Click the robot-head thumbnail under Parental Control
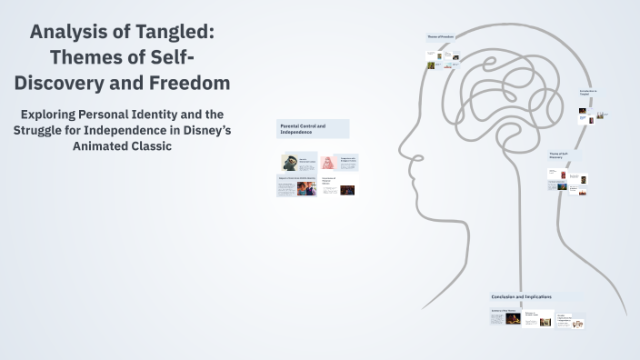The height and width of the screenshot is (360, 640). (290, 163)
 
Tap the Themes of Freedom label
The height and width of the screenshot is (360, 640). (440, 36)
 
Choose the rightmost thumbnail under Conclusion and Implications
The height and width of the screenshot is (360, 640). (577, 323)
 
